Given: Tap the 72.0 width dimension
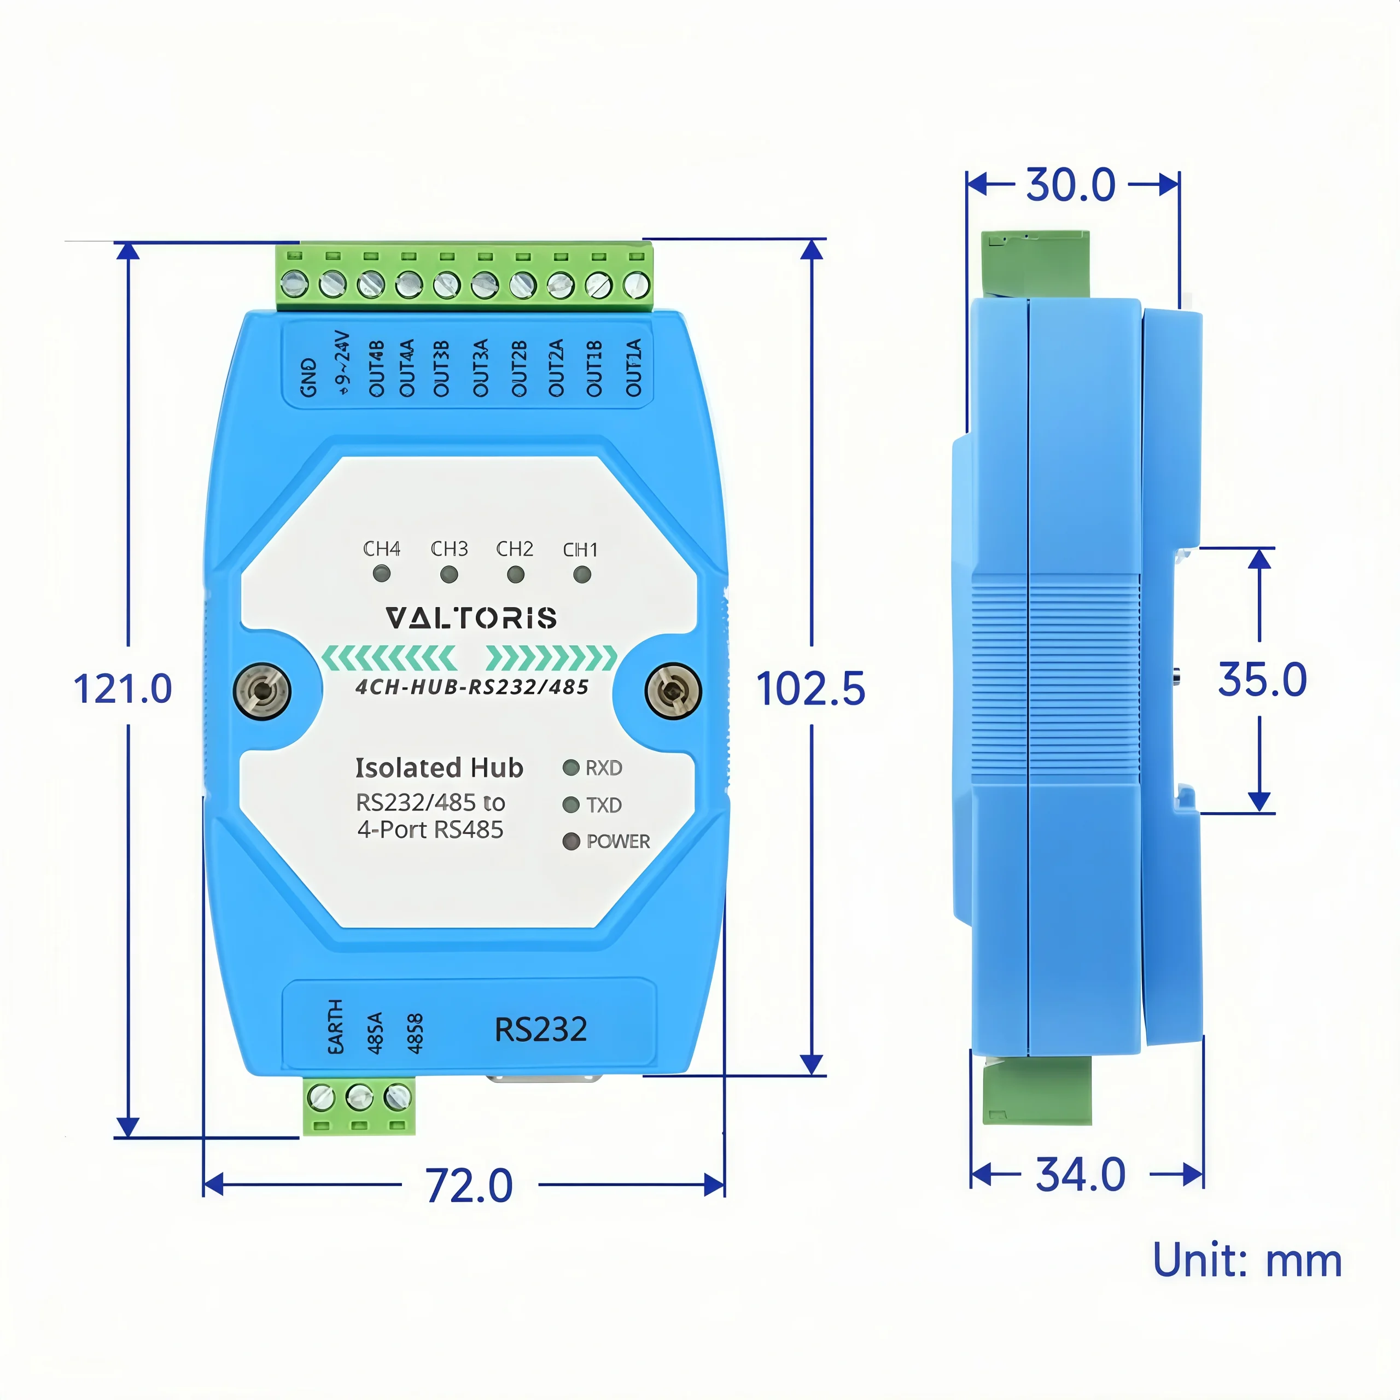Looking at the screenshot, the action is pyautogui.click(x=470, y=1186).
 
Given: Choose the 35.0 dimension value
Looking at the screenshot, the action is pyautogui.click(x=1262, y=680).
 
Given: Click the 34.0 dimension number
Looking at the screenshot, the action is pyautogui.click(x=1081, y=1174).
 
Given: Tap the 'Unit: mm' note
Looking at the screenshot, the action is pyautogui.click(x=1247, y=1260).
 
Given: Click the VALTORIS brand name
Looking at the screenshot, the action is pyautogui.click(x=471, y=618).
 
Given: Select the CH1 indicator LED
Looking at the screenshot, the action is pyautogui.click(x=582, y=575).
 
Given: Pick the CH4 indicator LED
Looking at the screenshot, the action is pyautogui.click(x=381, y=574).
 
